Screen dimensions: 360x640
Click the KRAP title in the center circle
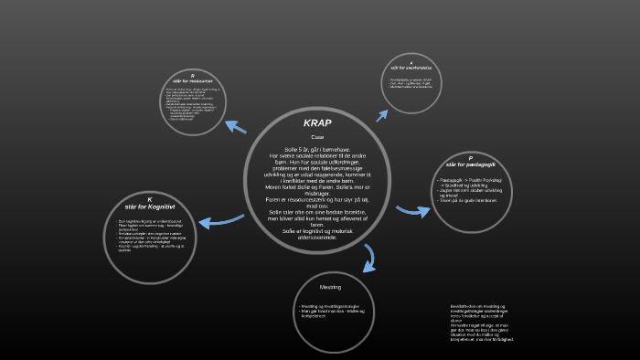(x=317, y=122)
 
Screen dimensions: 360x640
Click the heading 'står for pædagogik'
(x=471, y=164)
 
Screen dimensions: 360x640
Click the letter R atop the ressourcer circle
(x=192, y=74)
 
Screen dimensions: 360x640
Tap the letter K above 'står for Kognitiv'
(x=149, y=199)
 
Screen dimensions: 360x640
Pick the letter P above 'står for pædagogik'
(x=471, y=157)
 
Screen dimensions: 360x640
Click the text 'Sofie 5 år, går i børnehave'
(x=317, y=148)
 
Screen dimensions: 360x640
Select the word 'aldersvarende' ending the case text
(x=317, y=236)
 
